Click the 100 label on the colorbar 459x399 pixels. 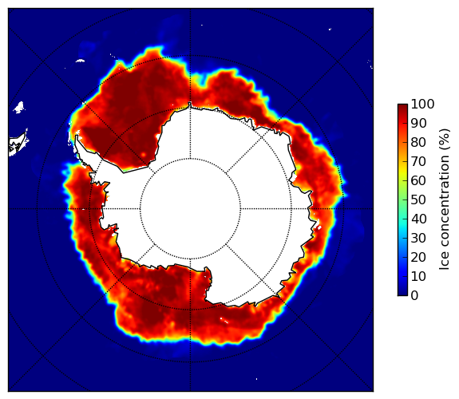point(422,105)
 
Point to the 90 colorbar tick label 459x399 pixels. point(418,123)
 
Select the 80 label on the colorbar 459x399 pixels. point(418,143)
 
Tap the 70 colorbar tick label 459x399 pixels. point(418,161)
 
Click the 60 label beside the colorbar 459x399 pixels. point(418,180)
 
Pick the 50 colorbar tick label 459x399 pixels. point(418,200)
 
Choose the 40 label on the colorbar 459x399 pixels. point(418,219)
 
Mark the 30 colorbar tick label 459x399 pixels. point(418,238)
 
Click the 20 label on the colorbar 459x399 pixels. point(418,257)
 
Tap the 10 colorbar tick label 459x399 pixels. point(418,276)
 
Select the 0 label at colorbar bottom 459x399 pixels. point(414,296)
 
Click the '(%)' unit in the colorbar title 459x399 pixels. point(444,139)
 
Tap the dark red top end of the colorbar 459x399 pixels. point(402,106)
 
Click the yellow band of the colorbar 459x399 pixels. point(402,172)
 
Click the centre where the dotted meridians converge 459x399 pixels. point(190,209)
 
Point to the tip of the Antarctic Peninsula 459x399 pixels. point(77,136)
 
